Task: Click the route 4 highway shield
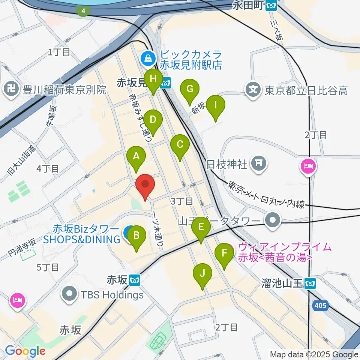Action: pyautogui.click(x=82, y=11)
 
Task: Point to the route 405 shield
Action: pyautogui.click(x=321, y=306)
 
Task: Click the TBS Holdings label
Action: pyautogui.click(x=112, y=294)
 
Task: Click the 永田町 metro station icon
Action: pyautogui.click(x=271, y=5)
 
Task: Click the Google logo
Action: pyautogui.click(x=25, y=351)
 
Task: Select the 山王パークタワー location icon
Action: pyautogui.click(x=272, y=220)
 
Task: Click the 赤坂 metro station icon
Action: pyautogui.click(x=135, y=280)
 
